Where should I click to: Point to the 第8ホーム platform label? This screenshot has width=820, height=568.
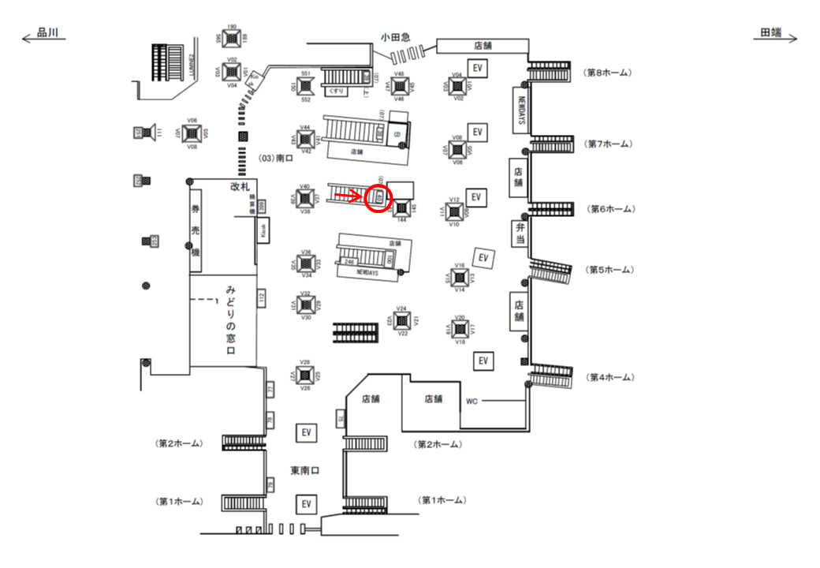(x=607, y=73)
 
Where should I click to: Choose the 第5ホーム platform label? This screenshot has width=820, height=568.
(x=608, y=270)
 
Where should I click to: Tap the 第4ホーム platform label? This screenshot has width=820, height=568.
(x=608, y=378)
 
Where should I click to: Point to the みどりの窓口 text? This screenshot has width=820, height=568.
(x=232, y=319)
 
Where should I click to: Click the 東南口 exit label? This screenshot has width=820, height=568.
(x=304, y=471)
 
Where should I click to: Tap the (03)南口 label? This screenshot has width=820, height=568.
(x=275, y=159)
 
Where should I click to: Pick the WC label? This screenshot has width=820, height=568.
(x=471, y=401)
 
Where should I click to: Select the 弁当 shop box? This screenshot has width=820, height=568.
(x=519, y=234)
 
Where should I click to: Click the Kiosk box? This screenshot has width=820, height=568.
(x=264, y=230)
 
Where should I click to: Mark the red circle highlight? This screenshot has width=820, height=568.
(x=379, y=197)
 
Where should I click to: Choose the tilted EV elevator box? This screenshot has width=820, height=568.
(x=483, y=257)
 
